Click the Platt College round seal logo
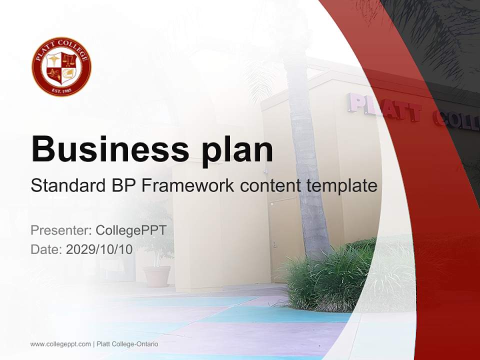point(61,66)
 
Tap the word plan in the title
point(238,149)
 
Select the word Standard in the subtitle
point(66,185)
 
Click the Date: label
point(46,249)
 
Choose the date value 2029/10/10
point(99,249)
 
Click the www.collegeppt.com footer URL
point(60,344)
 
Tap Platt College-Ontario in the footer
point(127,344)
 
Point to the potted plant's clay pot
point(157,276)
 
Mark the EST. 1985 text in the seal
point(61,90)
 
